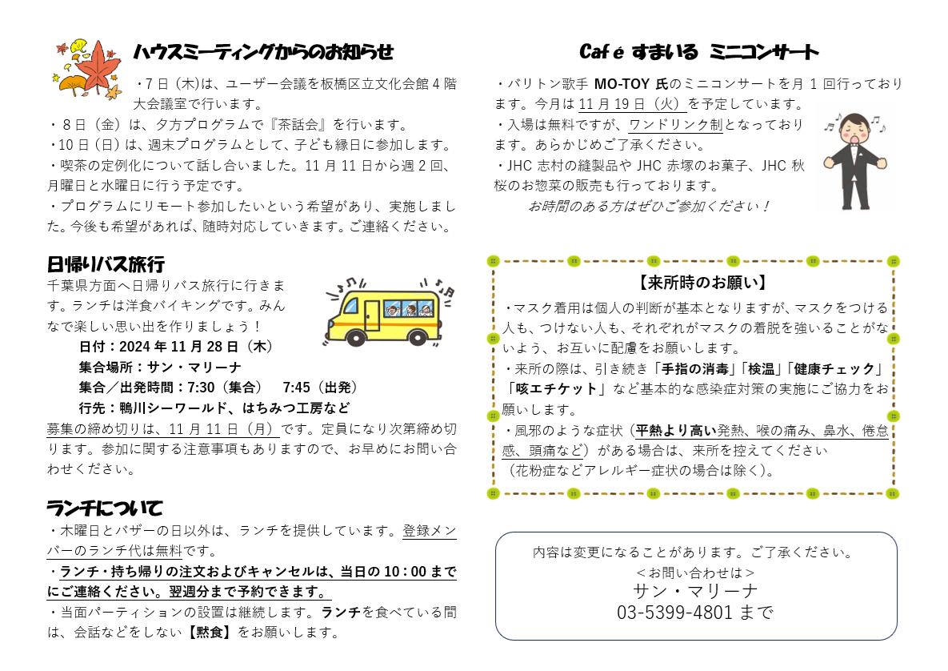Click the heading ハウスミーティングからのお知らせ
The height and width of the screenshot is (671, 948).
tap(263, 52)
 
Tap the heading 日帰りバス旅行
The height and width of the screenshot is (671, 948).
tap(106, 264)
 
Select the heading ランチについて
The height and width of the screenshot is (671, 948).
tap(105, 508)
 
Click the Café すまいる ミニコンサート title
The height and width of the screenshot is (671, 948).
tap(699, 52)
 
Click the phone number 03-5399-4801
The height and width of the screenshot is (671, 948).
tap(674, 613)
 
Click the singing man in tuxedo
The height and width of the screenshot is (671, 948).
tap(855, 160)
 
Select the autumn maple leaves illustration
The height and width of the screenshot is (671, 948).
tap(88, 70)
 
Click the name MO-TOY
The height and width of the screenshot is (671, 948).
tap(622, 83)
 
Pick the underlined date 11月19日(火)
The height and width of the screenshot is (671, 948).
tap(633, 104)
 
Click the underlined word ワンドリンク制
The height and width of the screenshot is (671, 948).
tap(676, 125)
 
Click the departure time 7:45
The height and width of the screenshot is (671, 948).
tap(296, 388)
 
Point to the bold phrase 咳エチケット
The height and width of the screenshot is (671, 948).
tap(556, 388)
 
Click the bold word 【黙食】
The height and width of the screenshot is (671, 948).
tap(209, 633)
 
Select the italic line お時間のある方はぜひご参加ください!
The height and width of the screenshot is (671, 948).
tap(649, 207)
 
